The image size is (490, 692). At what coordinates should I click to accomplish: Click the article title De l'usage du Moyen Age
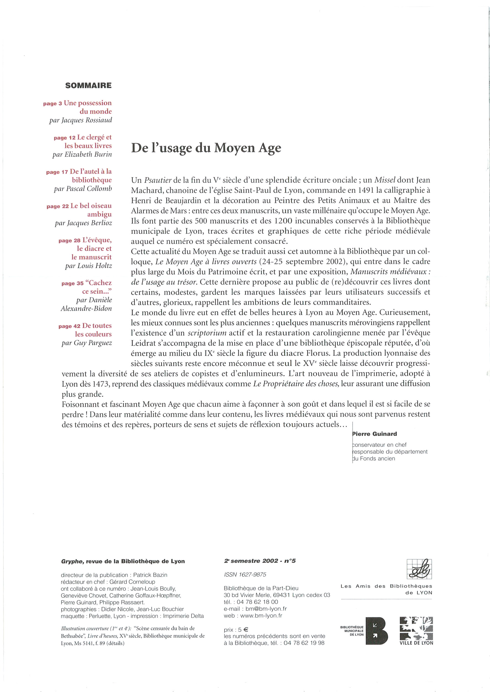click(x=206, y=148)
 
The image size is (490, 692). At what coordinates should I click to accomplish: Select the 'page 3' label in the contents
click(x=52, y=104)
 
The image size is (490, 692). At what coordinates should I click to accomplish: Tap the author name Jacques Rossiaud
click(x=87, y=120)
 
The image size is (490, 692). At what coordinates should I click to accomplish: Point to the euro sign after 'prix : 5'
click(x=246, y=630)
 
